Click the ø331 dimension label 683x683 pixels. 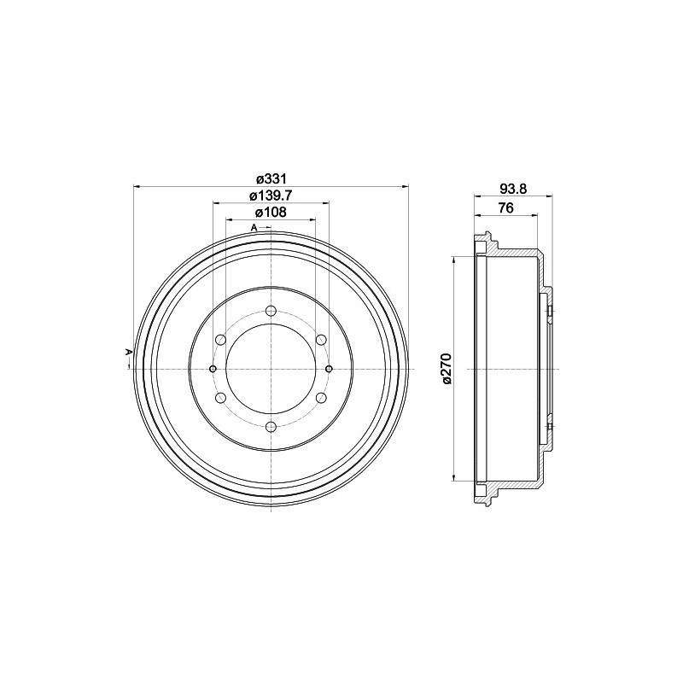[x=271, y=178]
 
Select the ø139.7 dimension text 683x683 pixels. [x=271, y=196]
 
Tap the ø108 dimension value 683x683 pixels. [x=271, y=213]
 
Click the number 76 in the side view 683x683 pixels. [x=505, y=207]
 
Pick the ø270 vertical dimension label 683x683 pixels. [x=446, y=367]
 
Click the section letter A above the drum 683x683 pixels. [x=254, y=227]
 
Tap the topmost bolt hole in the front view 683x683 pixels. [x=271, y=310]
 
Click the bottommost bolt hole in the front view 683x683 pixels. [x=271, y=426]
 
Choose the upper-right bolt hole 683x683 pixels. [x=321, y=340]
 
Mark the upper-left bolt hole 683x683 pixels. [x=220, y=340]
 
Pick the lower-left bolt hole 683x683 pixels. [x=220, y=397]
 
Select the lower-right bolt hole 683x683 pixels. [x=321, y=397]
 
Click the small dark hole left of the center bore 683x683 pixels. [x=213, y=368]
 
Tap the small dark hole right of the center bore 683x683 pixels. [x=329, y=368]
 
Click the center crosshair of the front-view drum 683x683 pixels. [x=271, y=368]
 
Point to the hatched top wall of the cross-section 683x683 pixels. [x=512, y=254]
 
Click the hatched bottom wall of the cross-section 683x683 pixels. [x=512, y=482]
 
